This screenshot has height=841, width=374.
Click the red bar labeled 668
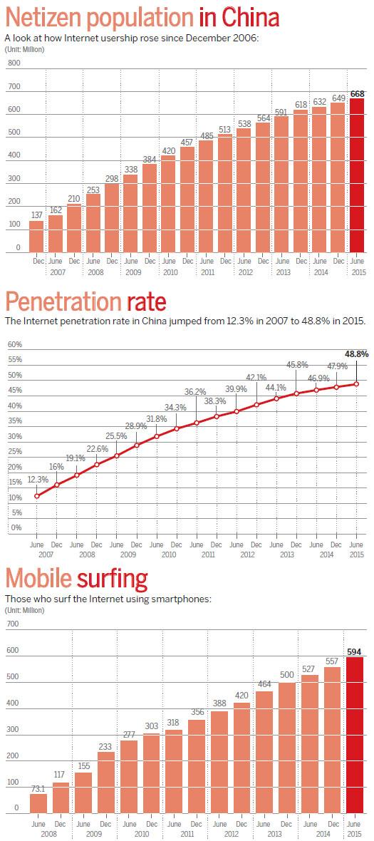[x=356, y=175]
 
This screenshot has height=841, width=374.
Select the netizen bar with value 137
[x=36, y=237]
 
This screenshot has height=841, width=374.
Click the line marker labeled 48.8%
[x=355, y=383]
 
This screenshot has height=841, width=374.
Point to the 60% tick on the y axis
[x=14, y=344]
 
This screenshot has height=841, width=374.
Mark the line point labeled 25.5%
[x=116, y=455]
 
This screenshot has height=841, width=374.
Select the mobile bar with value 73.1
[x=38, y=803]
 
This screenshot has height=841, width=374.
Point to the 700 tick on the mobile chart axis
[x=12, y=624]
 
